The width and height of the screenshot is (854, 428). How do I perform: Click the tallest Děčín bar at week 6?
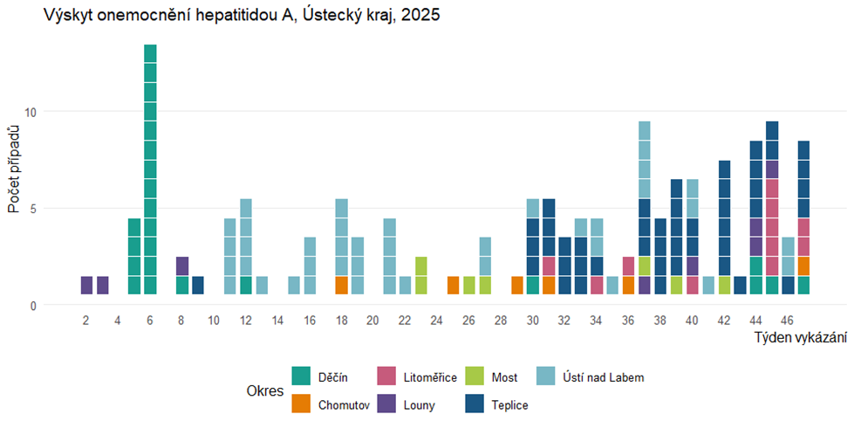click(x=150, y=169)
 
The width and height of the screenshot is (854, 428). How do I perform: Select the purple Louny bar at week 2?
click(x=86, y=286)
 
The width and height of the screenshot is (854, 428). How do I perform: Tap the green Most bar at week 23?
click(x=421, y=276)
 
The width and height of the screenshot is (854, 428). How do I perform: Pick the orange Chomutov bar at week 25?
click(x=453, y=286)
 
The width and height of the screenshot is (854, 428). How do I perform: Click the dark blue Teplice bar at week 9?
click(x=198, y=286)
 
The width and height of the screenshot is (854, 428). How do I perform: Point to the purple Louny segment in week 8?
click(x=182, y=266)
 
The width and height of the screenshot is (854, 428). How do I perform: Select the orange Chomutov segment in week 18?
click(x=342, y=286)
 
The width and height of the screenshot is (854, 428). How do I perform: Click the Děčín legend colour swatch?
click(x=301, y=377)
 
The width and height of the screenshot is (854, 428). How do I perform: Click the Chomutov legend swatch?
click(x=301, y=405)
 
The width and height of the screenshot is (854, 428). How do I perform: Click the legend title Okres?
click(x=265, y=391)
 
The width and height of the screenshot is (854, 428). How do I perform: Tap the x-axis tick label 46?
click(x=788, y=321)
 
